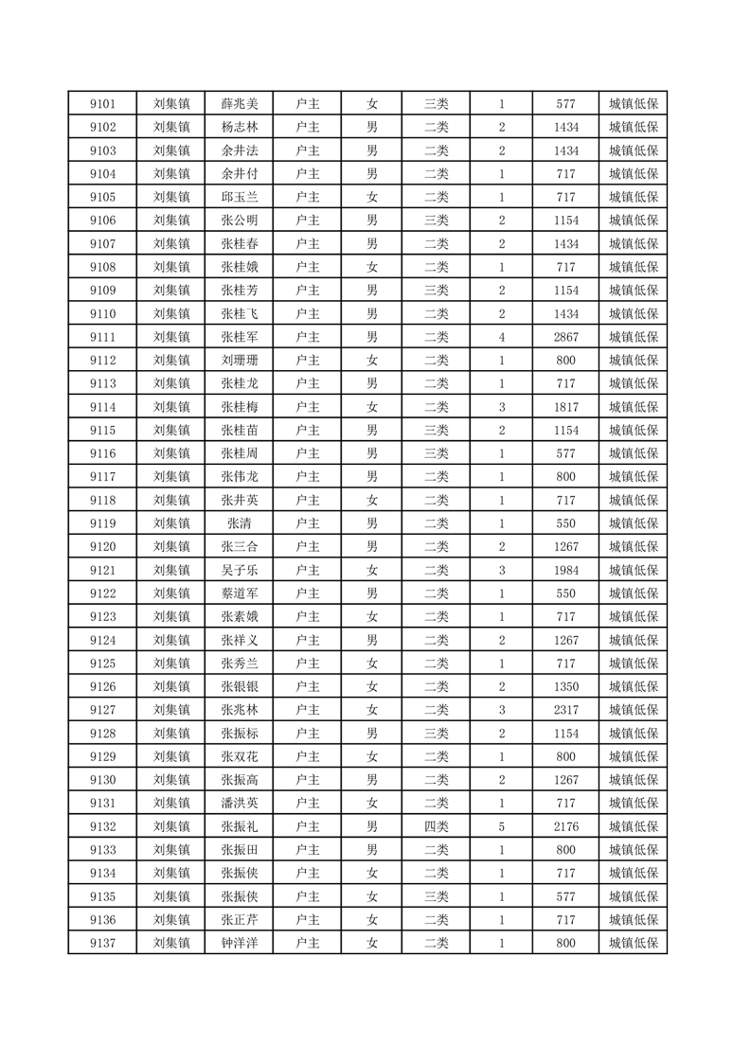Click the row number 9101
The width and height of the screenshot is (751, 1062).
click(102, 104)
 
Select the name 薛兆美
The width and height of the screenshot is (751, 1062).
click(239, 104)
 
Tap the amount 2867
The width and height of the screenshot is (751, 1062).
click(566, 337)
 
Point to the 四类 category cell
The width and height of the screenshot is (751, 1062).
click(437, 826)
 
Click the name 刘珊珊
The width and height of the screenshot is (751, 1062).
click(239, 361)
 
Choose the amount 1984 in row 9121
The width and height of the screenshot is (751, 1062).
click(566, 570)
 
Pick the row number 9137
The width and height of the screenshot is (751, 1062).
click(102, 943)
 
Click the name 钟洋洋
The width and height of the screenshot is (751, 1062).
click(239, 943)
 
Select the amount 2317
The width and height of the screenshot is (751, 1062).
click(566, 710)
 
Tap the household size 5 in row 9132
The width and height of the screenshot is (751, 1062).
click(501, 826)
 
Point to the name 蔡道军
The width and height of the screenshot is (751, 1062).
click(239, 593)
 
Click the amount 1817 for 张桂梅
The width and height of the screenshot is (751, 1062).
click(566, 407)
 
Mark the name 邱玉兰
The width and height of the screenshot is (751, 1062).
click(239, 197)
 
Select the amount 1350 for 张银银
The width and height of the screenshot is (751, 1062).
click(566, 686)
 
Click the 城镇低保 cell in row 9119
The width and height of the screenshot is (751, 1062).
click(634, 523)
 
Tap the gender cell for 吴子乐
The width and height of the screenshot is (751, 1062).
click(372, 570)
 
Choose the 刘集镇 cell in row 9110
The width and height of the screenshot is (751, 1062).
click(171, 314)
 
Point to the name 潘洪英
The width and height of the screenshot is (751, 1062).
click(239, 803)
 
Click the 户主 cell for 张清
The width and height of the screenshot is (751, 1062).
click(307, 523)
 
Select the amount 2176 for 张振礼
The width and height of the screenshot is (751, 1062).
click(566, 826)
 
